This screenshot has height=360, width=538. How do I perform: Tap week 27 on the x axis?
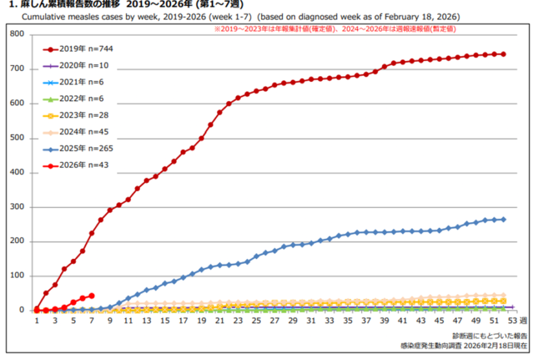[x=274, y=321]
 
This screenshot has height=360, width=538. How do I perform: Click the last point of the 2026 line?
[x=91, y=295]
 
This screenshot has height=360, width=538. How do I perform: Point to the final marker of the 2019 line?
[x=504, y=54]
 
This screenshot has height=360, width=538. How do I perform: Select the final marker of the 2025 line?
[x=504, y=219]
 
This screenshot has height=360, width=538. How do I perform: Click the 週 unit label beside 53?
[x=525, y=321]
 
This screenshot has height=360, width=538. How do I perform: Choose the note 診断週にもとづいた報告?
[x=490, y=335]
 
